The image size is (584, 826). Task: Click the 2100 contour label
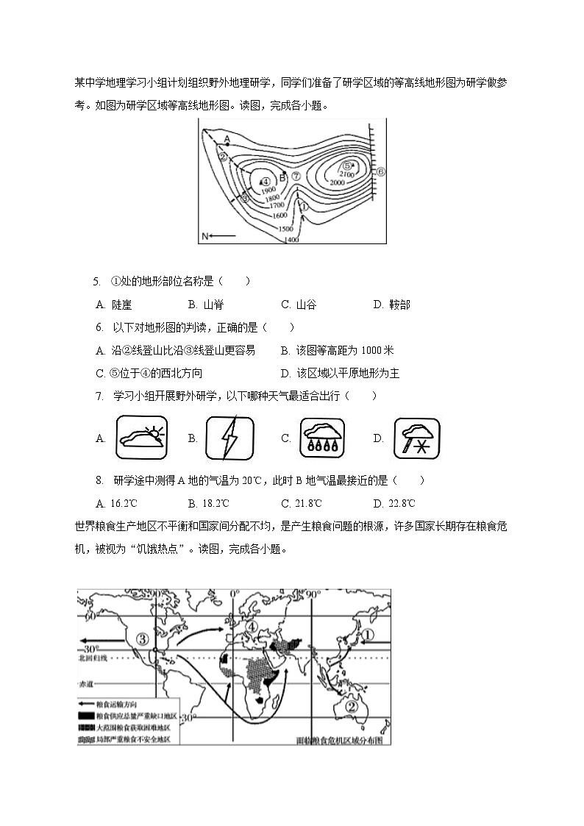click(358, 174)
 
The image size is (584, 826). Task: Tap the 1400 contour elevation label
click(291, 240)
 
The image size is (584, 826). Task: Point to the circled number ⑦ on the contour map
click(296, 176)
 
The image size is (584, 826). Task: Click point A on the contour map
click(227, 139)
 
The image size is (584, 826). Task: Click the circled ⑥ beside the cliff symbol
click(381, 172)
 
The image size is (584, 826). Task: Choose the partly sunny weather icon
click(142, 438)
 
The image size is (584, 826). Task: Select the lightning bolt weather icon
click(230, 438)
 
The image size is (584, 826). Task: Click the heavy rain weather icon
click(322, 438)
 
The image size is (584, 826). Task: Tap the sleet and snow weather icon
click(417, 438)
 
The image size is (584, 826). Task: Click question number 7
click(99, 396)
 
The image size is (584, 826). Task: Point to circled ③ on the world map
click(142, 638)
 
